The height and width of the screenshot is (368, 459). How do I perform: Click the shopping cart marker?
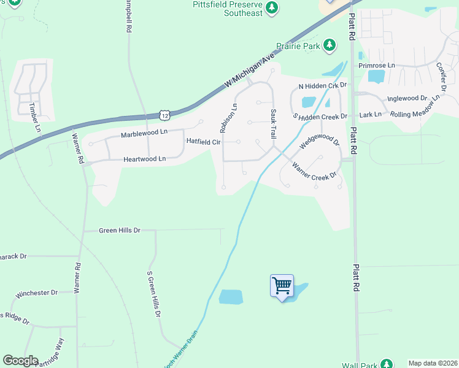point(282,286)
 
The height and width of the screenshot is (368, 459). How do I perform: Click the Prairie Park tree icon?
point(330,45)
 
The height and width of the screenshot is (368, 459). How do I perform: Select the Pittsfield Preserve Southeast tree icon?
point(272,9)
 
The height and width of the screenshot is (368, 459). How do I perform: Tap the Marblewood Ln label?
point(144,133)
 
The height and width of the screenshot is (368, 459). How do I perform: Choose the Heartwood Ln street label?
point(145,159)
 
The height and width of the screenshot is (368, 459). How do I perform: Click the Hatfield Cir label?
point(203,142)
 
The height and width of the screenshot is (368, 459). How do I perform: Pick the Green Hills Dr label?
point(120,231)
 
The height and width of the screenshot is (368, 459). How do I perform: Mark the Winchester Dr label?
point(36,293)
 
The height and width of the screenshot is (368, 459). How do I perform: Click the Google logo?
point(20,361)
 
